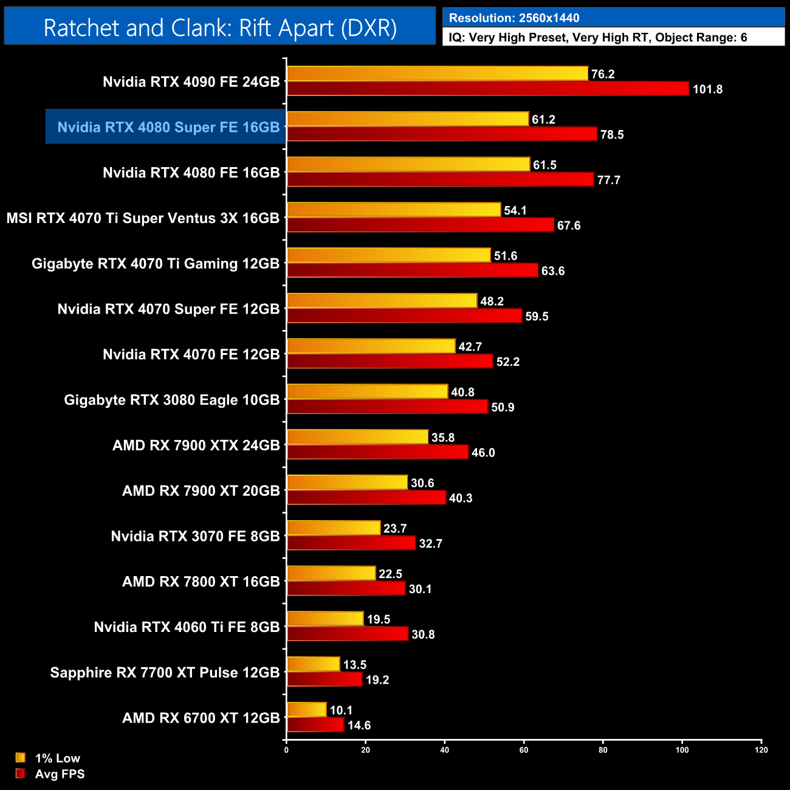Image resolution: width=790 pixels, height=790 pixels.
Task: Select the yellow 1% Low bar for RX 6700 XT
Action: pos(307,710)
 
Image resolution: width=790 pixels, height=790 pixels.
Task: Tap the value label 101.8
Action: pos(707,89)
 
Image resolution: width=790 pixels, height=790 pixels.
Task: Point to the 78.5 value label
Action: pos(612,135)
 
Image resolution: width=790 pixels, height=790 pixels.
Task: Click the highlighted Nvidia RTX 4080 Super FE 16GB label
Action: pos(168,127)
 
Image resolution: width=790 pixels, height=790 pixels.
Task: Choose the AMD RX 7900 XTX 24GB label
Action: pos(196,445)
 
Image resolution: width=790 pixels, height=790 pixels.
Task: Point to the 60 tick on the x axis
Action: pos(524,750)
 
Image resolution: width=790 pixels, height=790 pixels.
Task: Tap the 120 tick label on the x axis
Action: pos(761,750)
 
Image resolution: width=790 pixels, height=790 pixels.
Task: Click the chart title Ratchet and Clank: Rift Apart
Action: pos(220,28)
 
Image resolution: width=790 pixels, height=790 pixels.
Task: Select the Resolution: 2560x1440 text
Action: pos(514,18)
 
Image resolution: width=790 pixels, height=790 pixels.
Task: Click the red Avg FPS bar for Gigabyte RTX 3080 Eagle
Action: pos(387,407)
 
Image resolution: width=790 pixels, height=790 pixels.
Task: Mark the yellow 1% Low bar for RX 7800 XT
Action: pos(331,573)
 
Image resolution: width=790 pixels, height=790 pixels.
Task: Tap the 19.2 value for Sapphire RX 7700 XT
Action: pos(377,680)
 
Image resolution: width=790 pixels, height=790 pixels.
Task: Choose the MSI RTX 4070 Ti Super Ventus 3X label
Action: pos(143,218)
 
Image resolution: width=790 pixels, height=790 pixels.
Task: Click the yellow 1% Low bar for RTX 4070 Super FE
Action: pos(382,300)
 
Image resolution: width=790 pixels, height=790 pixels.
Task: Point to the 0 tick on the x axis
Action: pos(286,750)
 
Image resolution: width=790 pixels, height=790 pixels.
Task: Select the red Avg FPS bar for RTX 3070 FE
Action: pos(351,543)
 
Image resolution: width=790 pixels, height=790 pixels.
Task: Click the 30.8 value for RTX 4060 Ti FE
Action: pos(423,634)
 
